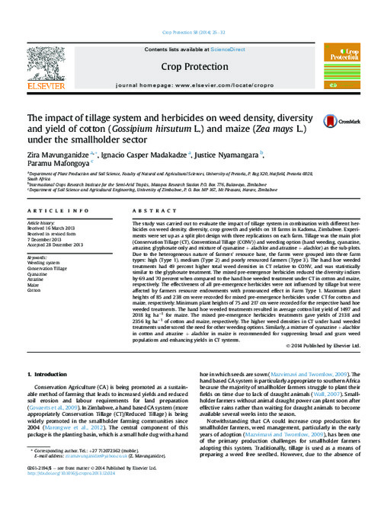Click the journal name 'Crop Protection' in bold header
tap(190, 67)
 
